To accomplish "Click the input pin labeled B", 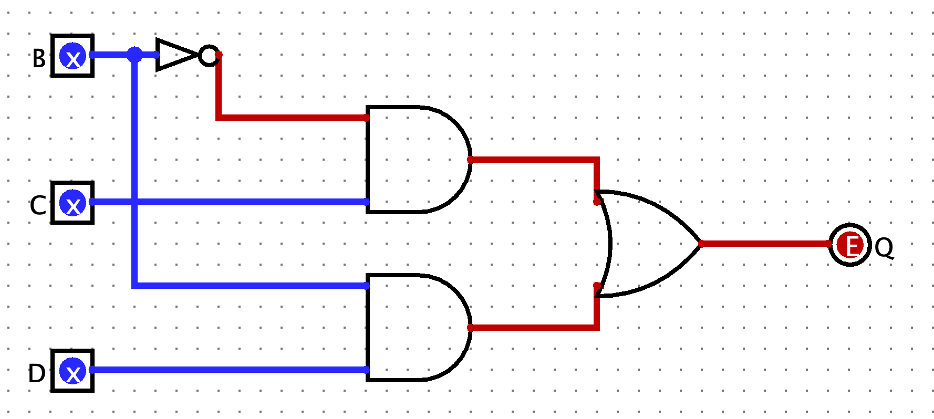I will [72, 56].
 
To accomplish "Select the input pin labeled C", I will [72, 203].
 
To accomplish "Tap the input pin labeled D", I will [72, 371].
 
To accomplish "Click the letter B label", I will [39, 59].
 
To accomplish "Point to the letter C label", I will [38, 206].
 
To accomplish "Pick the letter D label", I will [37, 374].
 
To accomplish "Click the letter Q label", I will [884, 247].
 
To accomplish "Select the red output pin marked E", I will [850, 245].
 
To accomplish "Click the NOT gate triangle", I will [174, 55].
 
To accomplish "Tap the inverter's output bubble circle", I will [209, 55].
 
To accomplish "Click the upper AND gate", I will [415, 160].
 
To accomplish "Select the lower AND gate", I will [415, 328].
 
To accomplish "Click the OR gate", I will [646, 244].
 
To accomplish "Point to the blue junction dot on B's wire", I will [135, 55].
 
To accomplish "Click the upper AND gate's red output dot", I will [470, 160].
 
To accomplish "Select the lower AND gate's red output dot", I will [470, 328].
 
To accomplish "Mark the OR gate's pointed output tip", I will [701, 244].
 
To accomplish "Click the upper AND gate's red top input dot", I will [367, 118].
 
